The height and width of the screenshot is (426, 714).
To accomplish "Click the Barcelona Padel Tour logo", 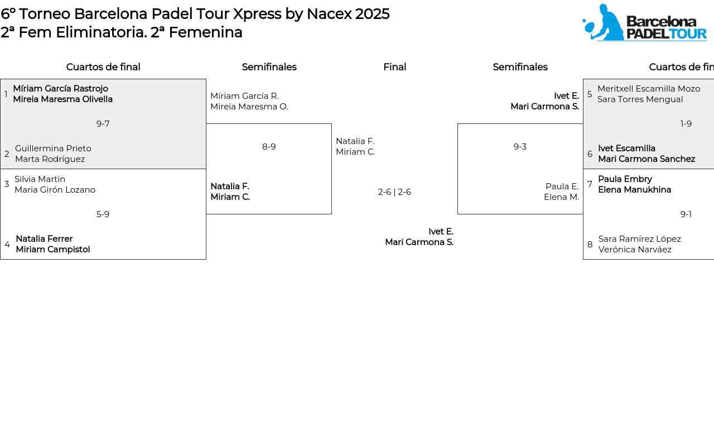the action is click(x=644, y=22).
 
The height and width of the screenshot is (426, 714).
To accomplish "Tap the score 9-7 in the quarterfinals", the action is click(x=103, y=124).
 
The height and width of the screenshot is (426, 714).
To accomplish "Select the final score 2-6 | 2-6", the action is click(x=394, y=192).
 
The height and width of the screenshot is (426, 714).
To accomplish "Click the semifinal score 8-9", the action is click(x=269, y=147).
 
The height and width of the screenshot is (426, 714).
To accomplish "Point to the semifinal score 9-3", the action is click(x=520, y=147).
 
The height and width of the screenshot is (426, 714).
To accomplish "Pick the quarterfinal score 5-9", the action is click(x=103, y=214).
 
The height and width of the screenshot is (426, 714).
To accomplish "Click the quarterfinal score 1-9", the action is click(x=686, y=124).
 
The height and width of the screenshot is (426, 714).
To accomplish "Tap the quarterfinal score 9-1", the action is click(x=686, y=214).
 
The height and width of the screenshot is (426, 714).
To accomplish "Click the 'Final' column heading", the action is click(x=394, y=67).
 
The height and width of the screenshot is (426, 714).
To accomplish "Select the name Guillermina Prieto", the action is click(x=53, y=149).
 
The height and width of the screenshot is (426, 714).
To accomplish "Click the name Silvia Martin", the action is click(x=40, y=179).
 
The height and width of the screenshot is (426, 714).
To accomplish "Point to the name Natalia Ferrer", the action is click(x=44, y=239).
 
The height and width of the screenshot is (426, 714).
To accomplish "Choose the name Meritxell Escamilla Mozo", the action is click(x=649, y=89).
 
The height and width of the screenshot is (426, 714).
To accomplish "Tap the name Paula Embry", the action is click(x=625, y=179).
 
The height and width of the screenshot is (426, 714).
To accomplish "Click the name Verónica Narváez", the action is click(x=635, y=250).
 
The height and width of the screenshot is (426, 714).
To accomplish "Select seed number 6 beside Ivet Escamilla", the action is click(x=590, y=154).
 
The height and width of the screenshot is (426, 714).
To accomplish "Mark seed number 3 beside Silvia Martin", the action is click(x=7, y=184).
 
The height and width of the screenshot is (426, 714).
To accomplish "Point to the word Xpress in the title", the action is click(x=257, y=15).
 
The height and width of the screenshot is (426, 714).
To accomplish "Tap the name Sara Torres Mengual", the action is click(x=640, y=99).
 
